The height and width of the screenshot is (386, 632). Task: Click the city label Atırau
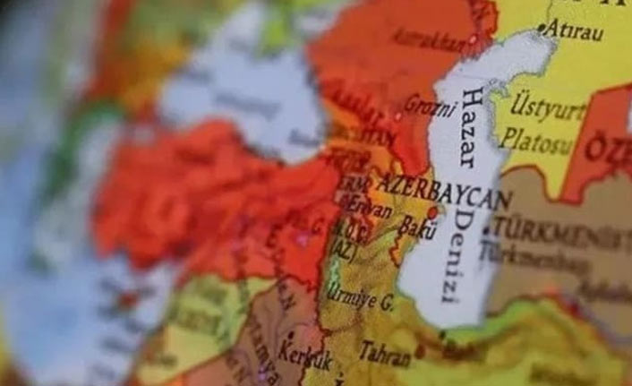click(574, 30)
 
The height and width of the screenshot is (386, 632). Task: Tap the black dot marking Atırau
click(541, 29)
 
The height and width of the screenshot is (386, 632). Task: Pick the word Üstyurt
click(549, 108)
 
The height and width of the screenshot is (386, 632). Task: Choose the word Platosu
click(534, 141)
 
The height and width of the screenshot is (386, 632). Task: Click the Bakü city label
click(416, 227)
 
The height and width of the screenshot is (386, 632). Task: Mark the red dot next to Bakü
click(433, 213)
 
